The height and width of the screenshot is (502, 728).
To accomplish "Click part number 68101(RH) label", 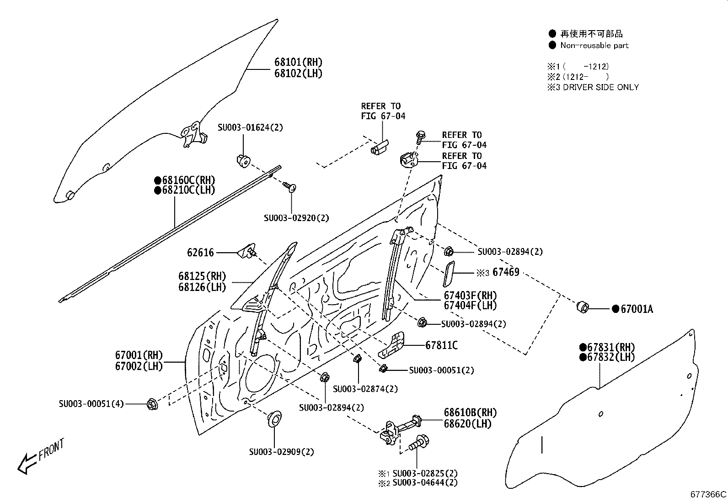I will (x=298, y=62).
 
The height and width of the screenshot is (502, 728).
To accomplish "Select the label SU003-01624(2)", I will (x=250, y=127).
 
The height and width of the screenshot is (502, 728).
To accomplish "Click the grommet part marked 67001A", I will (x=583, y=307).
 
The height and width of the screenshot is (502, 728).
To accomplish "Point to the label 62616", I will (x=200, y=253).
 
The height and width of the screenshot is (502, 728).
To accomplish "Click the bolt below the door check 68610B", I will (x=417, y=443).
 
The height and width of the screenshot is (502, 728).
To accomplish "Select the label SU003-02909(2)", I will (x=281, y=452).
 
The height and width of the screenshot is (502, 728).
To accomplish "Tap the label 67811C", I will (x=441, y=345).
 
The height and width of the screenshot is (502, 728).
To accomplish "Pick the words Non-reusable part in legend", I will (x=594, y=45).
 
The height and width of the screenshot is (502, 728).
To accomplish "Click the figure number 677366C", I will (x=708, y=494).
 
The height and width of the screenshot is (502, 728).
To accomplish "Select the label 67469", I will (x=506, y=273).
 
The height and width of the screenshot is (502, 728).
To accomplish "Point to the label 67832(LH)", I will (x=611, y=357).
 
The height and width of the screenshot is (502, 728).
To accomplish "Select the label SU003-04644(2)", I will (x=424, y=483).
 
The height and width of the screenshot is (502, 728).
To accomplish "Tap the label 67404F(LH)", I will (x=470, y=306).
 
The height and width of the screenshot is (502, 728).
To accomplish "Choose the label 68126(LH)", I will (x=202, y=287).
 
